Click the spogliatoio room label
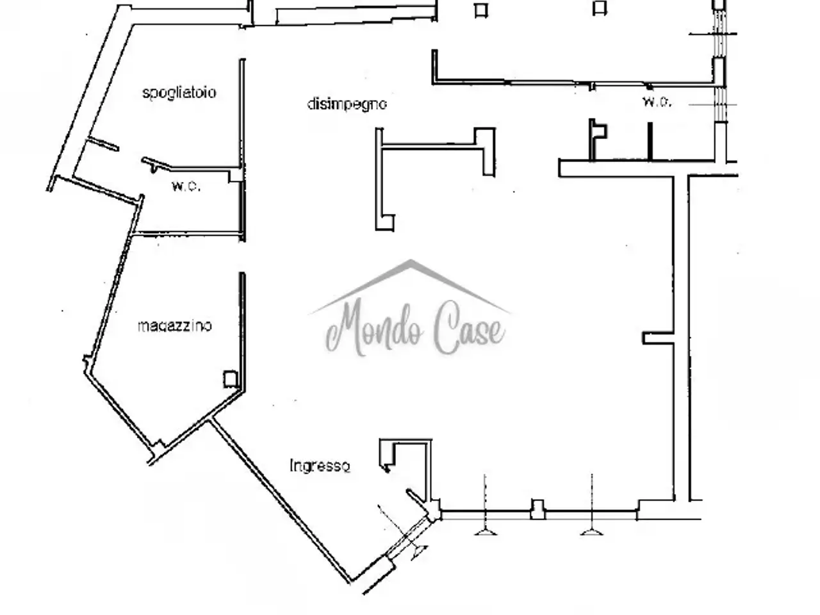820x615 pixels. (179, 93)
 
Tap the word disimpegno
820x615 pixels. (347, 104)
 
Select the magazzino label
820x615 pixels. (175, 326)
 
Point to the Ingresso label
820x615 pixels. (320, 466)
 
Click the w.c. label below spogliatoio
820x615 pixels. (186, 186)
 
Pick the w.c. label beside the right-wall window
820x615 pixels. (657, 102)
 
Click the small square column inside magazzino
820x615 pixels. (231, 379)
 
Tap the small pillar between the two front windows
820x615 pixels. (537, 509)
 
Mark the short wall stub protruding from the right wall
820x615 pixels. (658, 338)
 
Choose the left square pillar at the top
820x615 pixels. (481, 10)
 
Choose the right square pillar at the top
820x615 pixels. (600, 8)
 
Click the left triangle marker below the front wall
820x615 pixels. (486, 531)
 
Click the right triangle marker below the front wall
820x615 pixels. (591, 531)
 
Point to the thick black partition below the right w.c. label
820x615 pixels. (650, 142)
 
